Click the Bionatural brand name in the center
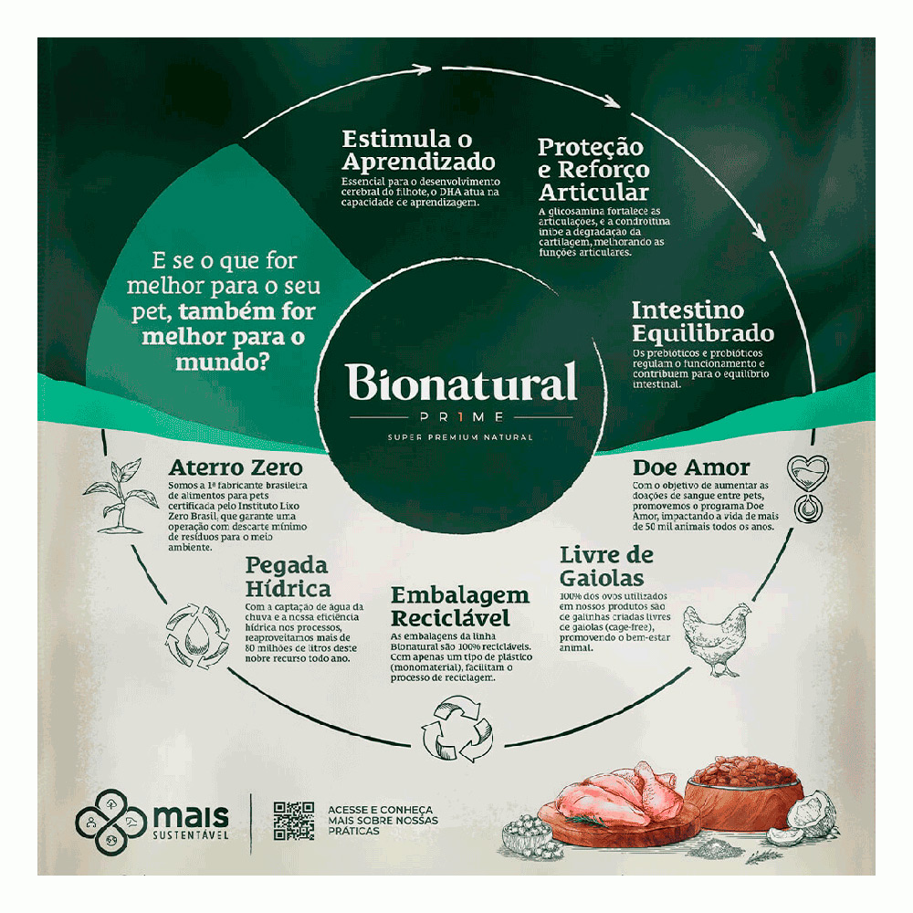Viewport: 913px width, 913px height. tap(461, 384)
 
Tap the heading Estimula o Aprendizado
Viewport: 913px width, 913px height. tap(418, 151)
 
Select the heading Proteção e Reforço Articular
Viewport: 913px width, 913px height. tap(593, 169)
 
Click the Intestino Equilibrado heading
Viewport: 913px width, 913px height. tap(702, 321)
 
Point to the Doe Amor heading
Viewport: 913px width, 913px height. tap(691, 467)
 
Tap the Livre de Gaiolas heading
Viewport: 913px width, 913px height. tap(606, 566)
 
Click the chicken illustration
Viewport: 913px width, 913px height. tap(713, 640)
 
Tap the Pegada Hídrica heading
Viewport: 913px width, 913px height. tap(288, 576)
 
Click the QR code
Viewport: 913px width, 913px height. tap(293, 820)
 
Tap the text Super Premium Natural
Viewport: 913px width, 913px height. tap(461, 436)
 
